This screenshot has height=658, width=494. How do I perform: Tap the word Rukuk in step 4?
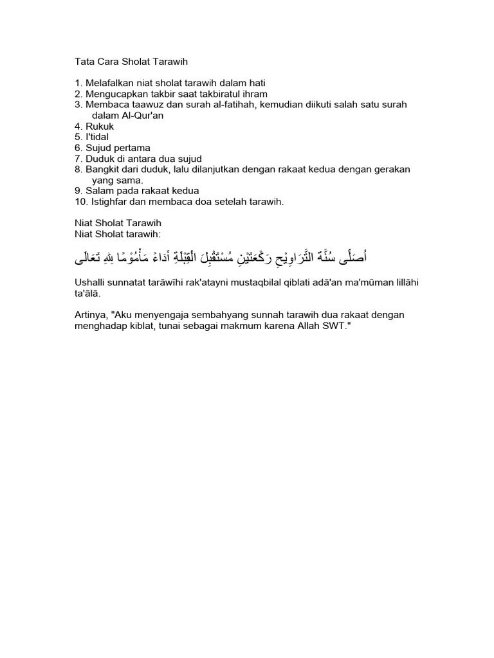(100, 127)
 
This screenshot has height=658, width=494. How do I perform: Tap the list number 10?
(81, 202)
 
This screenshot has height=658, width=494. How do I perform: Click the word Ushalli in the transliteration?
(91, 284)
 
